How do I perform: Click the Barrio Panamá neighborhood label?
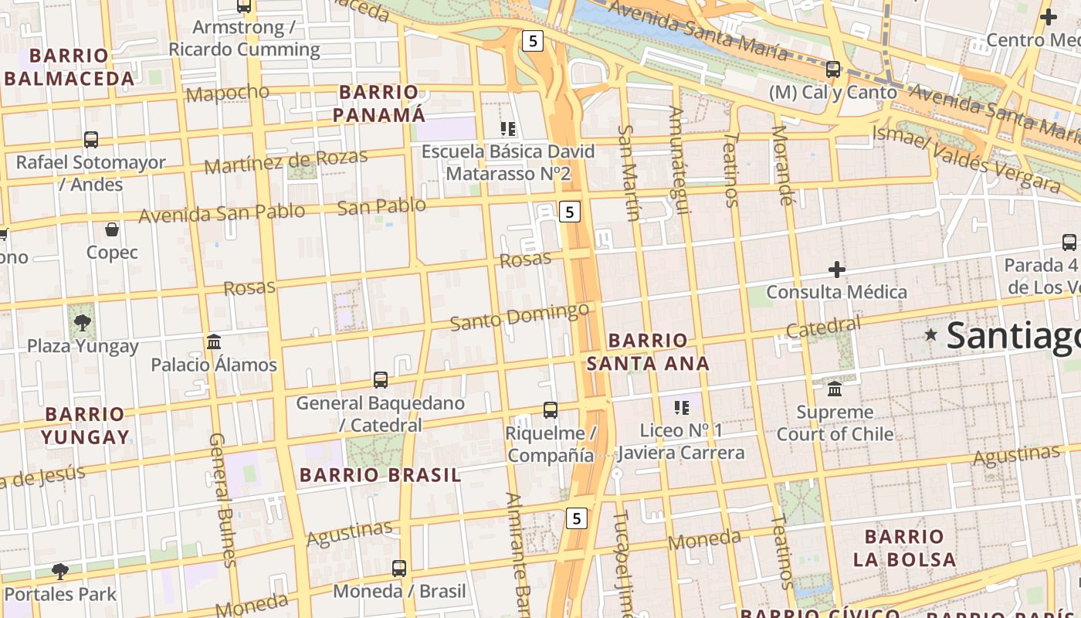[378, 104]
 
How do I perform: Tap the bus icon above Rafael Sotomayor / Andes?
[91, 140]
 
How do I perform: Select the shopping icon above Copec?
[112, 229]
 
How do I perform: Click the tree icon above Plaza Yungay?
[82, 321]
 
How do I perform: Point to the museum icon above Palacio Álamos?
[214, 341]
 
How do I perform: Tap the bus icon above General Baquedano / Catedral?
[381, 379]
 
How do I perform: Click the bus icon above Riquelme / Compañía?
[551, 410]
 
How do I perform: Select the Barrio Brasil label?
[380, 474]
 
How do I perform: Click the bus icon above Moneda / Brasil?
[399, 569]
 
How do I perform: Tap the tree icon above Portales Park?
[60, 572]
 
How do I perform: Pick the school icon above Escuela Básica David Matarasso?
[508, 128]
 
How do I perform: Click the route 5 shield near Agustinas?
[576, 518]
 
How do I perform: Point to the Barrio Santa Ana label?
[648, 351]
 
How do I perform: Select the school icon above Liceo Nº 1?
[681, 407]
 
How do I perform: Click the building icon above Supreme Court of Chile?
[835, 389]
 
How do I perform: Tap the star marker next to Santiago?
[932, 334]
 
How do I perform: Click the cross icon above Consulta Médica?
[837, 270]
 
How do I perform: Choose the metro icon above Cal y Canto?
[833, 70]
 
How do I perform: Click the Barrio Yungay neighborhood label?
[85, 426]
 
